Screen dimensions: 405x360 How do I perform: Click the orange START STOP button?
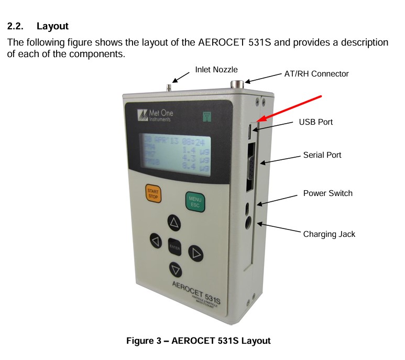tap(153, 194)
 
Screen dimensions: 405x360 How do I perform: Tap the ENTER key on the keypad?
tap(174, 246)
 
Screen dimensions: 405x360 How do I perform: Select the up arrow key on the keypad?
tap(174, 223)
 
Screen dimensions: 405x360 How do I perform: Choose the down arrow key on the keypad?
tap(175, 269)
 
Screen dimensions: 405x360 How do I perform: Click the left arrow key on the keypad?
tap(155, 241)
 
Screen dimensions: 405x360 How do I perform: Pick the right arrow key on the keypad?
tap(195, 254)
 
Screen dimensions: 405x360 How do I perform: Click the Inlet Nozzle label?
tap(216, 69)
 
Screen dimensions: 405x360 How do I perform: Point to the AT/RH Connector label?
tap(316, 74)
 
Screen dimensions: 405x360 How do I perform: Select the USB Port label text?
tap(316, 122)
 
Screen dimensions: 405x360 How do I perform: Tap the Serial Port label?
tap(322, 155)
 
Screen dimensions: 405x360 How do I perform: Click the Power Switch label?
tap(328, 193)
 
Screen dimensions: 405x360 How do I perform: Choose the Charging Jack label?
tap(329, 234)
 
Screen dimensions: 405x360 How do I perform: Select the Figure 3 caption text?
tap(199, 341)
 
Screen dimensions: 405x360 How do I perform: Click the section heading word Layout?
tap(53, 26)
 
